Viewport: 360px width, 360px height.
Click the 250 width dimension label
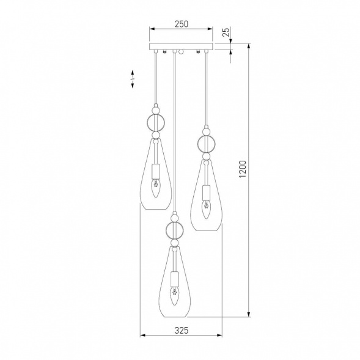pos(182,24)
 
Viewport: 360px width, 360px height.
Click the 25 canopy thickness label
pos(226,32)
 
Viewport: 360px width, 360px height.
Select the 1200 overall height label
pos(243,169)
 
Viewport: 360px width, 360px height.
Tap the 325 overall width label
pos(182,331)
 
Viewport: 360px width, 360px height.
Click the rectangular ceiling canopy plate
pos(181,46)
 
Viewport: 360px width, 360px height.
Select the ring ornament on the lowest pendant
pos(174,230)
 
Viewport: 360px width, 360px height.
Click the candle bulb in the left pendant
pos(156,188)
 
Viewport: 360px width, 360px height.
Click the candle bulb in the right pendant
pos(207,209)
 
